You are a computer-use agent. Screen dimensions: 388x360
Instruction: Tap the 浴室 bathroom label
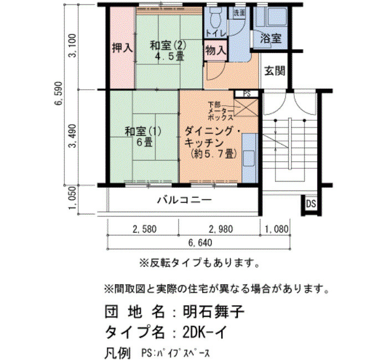coord(270,39)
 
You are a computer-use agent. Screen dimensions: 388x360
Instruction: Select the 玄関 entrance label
coord(275,71)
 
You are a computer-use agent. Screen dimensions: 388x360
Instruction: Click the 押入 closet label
coord(122,48)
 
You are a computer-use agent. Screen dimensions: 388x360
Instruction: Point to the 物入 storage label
coord(216,51)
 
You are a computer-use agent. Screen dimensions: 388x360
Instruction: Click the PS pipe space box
coord(247,94)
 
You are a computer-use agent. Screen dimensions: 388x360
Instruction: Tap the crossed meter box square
coord(246,107)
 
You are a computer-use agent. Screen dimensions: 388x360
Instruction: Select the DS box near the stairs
coord(311,204)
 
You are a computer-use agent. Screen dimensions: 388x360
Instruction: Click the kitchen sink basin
coord(249,159)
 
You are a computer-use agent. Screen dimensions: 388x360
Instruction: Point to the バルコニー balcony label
coord(185,199)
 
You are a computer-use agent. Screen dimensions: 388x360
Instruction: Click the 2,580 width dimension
coord(145,229)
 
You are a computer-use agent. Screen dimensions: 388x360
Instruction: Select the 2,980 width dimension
coord(221,229)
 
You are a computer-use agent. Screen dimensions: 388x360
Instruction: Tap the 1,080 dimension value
coord(277,229)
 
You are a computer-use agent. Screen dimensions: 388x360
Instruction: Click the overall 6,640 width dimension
coord(200,243)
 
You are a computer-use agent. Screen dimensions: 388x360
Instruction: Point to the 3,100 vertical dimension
coord(73,45)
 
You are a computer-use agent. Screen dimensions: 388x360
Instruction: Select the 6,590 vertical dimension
coord(59,93)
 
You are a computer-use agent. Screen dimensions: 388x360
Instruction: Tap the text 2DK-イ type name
coord(205,332)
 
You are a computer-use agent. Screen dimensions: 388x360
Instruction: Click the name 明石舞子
coord(213,312)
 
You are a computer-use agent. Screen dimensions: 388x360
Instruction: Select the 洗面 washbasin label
coord(239,13)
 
